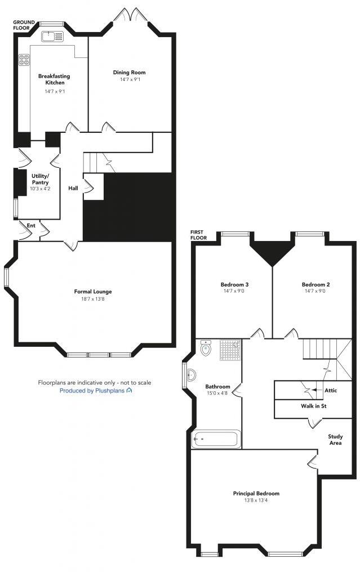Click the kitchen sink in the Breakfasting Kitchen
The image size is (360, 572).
[x=52, y=36]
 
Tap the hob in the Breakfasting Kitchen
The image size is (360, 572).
[x=25, y=59]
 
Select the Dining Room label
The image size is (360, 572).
[x=129, y=72]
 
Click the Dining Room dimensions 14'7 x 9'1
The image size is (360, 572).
[x=129, y=80]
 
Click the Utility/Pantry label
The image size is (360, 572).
[x=40, y=179]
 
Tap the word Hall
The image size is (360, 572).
[x=73, y=188]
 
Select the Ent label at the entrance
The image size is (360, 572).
[x=31, y=225]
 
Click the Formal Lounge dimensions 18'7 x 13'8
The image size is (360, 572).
[x=93, y=300]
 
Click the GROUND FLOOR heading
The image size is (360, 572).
[x=24, y=25]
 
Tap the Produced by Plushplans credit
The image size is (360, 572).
[x=96, y=390]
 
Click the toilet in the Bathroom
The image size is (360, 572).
[x=206, y=349]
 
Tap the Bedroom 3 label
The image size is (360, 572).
[x=234, y=284]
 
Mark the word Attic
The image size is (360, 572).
[x=331, y=390]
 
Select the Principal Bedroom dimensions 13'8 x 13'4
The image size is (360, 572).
[x=256, y=501]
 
